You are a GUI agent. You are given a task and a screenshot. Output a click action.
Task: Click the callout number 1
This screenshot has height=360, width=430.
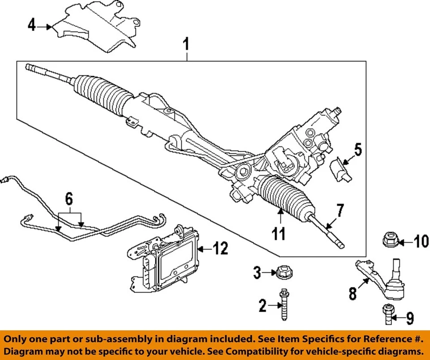[x=186, y=45]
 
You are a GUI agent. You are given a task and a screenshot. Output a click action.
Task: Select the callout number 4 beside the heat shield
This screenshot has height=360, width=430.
[x=31, y=25]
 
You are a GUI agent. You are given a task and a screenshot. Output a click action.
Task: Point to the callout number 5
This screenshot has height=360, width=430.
[x=357, y=150]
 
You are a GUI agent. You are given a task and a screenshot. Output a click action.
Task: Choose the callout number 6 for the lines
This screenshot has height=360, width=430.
[x=69, y=199]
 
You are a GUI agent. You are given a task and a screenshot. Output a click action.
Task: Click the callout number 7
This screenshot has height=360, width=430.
[x=340, y=210]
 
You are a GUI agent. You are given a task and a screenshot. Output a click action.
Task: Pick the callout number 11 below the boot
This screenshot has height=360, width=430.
[x=279, y=233]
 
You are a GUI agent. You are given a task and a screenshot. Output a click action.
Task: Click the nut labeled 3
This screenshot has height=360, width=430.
[x=281, y=272]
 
